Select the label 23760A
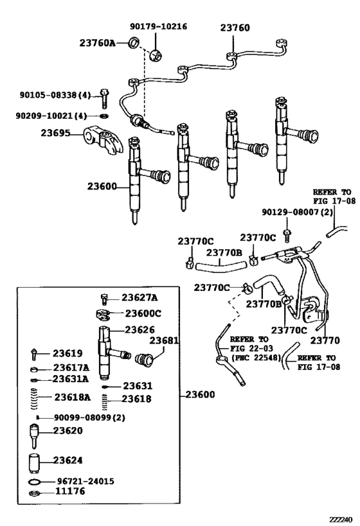tap(97, 43)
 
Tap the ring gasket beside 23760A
tap(134, 43)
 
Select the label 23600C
tap(143, 313)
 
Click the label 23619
tap(67, 353)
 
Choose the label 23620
tap(67, 431)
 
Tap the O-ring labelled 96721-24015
tap(34, 482)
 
